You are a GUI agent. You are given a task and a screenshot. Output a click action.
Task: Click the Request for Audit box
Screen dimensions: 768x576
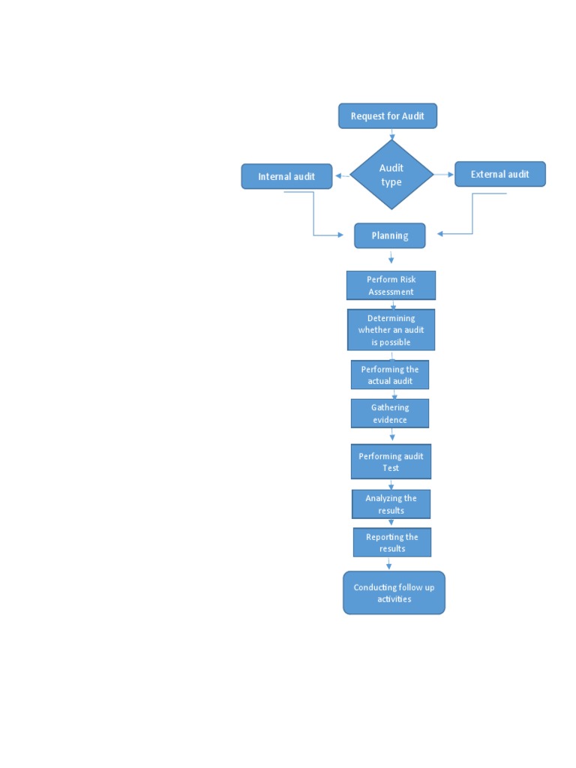click(387, 116)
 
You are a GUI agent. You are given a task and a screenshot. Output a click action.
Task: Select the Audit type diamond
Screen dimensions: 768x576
click(391, 175)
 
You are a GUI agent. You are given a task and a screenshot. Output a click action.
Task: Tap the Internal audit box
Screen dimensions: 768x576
click(286, 177)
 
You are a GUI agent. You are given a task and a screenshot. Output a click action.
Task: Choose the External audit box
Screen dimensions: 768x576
click(499, 174)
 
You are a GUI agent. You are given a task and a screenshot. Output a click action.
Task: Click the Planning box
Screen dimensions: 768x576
click(390, 235)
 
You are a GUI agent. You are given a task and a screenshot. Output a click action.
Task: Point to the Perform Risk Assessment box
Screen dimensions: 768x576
click(391, 286)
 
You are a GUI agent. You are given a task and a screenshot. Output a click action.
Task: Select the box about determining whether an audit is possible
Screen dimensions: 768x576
click(391, 330)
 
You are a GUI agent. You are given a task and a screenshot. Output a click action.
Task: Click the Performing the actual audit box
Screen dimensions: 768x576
click(390, 375)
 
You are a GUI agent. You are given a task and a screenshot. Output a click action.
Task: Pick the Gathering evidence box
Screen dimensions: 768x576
click(390, 413)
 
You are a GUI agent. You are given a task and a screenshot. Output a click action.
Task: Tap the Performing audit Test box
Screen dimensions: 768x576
click(391, 462)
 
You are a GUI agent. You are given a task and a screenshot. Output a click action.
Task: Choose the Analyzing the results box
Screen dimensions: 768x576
click(391, 504)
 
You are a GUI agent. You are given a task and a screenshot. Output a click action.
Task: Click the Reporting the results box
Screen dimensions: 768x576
click(392, 542)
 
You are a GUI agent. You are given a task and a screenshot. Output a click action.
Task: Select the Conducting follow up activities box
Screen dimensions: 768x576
click(394, 593)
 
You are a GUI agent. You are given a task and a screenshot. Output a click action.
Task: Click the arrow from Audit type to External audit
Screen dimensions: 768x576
click(445, 175)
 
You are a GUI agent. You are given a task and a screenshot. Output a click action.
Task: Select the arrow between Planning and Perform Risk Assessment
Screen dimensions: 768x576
click(391, 258)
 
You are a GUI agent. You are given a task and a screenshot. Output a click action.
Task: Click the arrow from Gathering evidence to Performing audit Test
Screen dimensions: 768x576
click(392, 435)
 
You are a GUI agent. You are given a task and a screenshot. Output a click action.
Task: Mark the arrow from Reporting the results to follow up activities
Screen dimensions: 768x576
click(388, 564)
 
